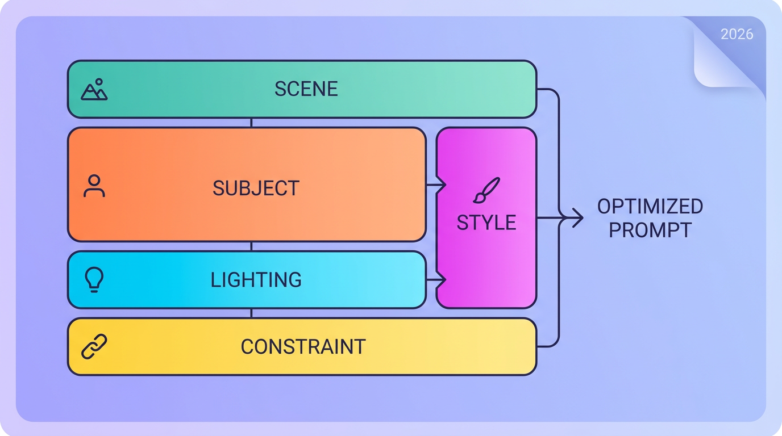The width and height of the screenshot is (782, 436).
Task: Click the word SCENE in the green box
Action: (306, 89)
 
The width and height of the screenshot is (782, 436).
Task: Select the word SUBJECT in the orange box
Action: (256, 188)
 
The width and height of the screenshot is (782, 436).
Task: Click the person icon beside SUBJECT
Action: (94, 186)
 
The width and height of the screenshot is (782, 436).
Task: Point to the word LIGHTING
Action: (256, 280)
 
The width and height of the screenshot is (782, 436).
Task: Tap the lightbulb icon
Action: (94, 279)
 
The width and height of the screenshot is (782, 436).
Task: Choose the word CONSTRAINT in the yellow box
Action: (303, 347)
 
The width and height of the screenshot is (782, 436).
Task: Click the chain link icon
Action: (94, 346)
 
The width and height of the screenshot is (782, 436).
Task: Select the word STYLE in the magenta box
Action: (486, 223)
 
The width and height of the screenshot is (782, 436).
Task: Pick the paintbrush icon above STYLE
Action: (486, 190)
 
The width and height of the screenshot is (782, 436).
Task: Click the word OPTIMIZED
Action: (650, 206)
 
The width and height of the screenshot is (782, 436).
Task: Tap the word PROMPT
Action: (650, 230)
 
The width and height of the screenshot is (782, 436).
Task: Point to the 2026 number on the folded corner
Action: (737, 34)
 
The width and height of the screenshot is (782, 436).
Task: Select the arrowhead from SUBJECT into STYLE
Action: (442, 185)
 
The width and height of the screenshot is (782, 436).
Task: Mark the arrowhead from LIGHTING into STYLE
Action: (442, 280)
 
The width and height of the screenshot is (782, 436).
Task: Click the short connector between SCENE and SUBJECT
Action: (251, 123)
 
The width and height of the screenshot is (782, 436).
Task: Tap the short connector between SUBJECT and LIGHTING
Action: (251, 246)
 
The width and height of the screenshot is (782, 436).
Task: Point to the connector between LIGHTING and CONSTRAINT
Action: (251, 313)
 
